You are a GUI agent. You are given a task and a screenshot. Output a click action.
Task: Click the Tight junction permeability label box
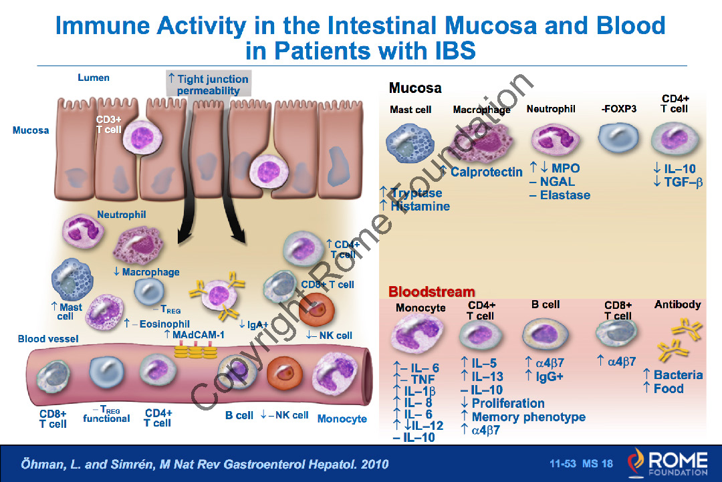point(208,84)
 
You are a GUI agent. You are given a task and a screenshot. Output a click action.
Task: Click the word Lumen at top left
point(94,78)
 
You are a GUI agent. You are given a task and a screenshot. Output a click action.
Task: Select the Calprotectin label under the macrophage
point(486,172)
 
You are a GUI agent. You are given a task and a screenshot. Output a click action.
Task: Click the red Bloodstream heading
point(432,291)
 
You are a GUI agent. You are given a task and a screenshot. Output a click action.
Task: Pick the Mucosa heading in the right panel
point(415,88)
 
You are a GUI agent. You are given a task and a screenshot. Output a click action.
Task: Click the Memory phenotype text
point(528,417)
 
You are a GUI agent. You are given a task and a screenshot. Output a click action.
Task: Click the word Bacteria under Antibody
point(678,375)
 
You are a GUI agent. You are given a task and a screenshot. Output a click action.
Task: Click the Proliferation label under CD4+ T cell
point(508,403)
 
